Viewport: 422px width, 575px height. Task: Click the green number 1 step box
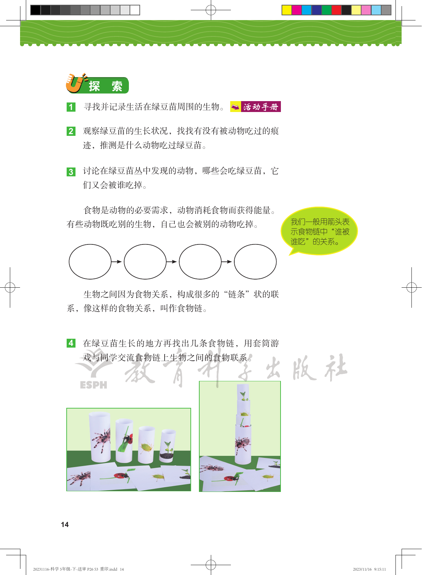[71, 107]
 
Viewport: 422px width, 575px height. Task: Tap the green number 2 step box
[71, 131]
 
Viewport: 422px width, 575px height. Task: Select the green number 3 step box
[71, 172]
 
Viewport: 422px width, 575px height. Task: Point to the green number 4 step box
[71, 343]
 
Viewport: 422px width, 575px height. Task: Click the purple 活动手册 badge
[255, 107]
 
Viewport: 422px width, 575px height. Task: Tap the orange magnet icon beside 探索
[75, 83]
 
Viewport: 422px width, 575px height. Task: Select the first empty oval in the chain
[90, 261]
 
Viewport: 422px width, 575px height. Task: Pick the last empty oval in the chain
[255, 261]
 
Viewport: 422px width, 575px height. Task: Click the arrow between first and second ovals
[116, 261]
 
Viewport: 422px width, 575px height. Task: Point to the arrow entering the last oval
[226, 261]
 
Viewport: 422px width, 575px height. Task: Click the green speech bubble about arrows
[319, 231]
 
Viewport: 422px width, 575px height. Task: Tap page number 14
[65, 524]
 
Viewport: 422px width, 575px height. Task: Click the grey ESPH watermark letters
[93, 385]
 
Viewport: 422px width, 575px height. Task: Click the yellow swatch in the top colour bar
[287, 10]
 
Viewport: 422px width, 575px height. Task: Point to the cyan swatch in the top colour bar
[306, 10]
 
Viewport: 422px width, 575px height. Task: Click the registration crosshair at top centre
[211, 10]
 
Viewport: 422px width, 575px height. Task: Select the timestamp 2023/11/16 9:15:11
[369, 569]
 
